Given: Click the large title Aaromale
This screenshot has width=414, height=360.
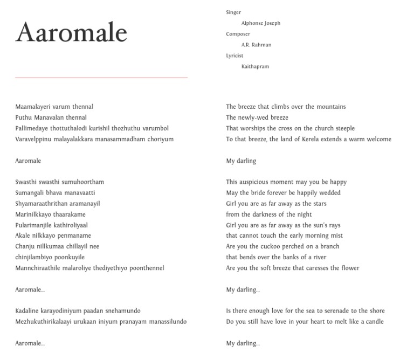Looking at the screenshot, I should pos(71,33).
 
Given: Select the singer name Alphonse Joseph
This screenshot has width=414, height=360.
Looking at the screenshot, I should pos(260,23).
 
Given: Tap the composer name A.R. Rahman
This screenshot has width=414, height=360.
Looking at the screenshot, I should pos(256,45).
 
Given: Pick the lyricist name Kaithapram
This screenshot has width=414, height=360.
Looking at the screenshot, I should pos(255,66).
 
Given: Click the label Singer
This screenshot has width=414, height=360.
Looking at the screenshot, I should pos(233,12).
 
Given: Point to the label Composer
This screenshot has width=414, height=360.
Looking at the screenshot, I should pos(238,34).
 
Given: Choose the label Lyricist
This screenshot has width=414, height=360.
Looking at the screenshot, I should pos(234,56).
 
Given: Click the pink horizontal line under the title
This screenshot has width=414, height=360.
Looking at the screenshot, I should pos(101,78).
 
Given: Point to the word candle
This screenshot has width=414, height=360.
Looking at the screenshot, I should pos(375,322).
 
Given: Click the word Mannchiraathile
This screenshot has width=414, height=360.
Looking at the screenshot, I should pos(37,268).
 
